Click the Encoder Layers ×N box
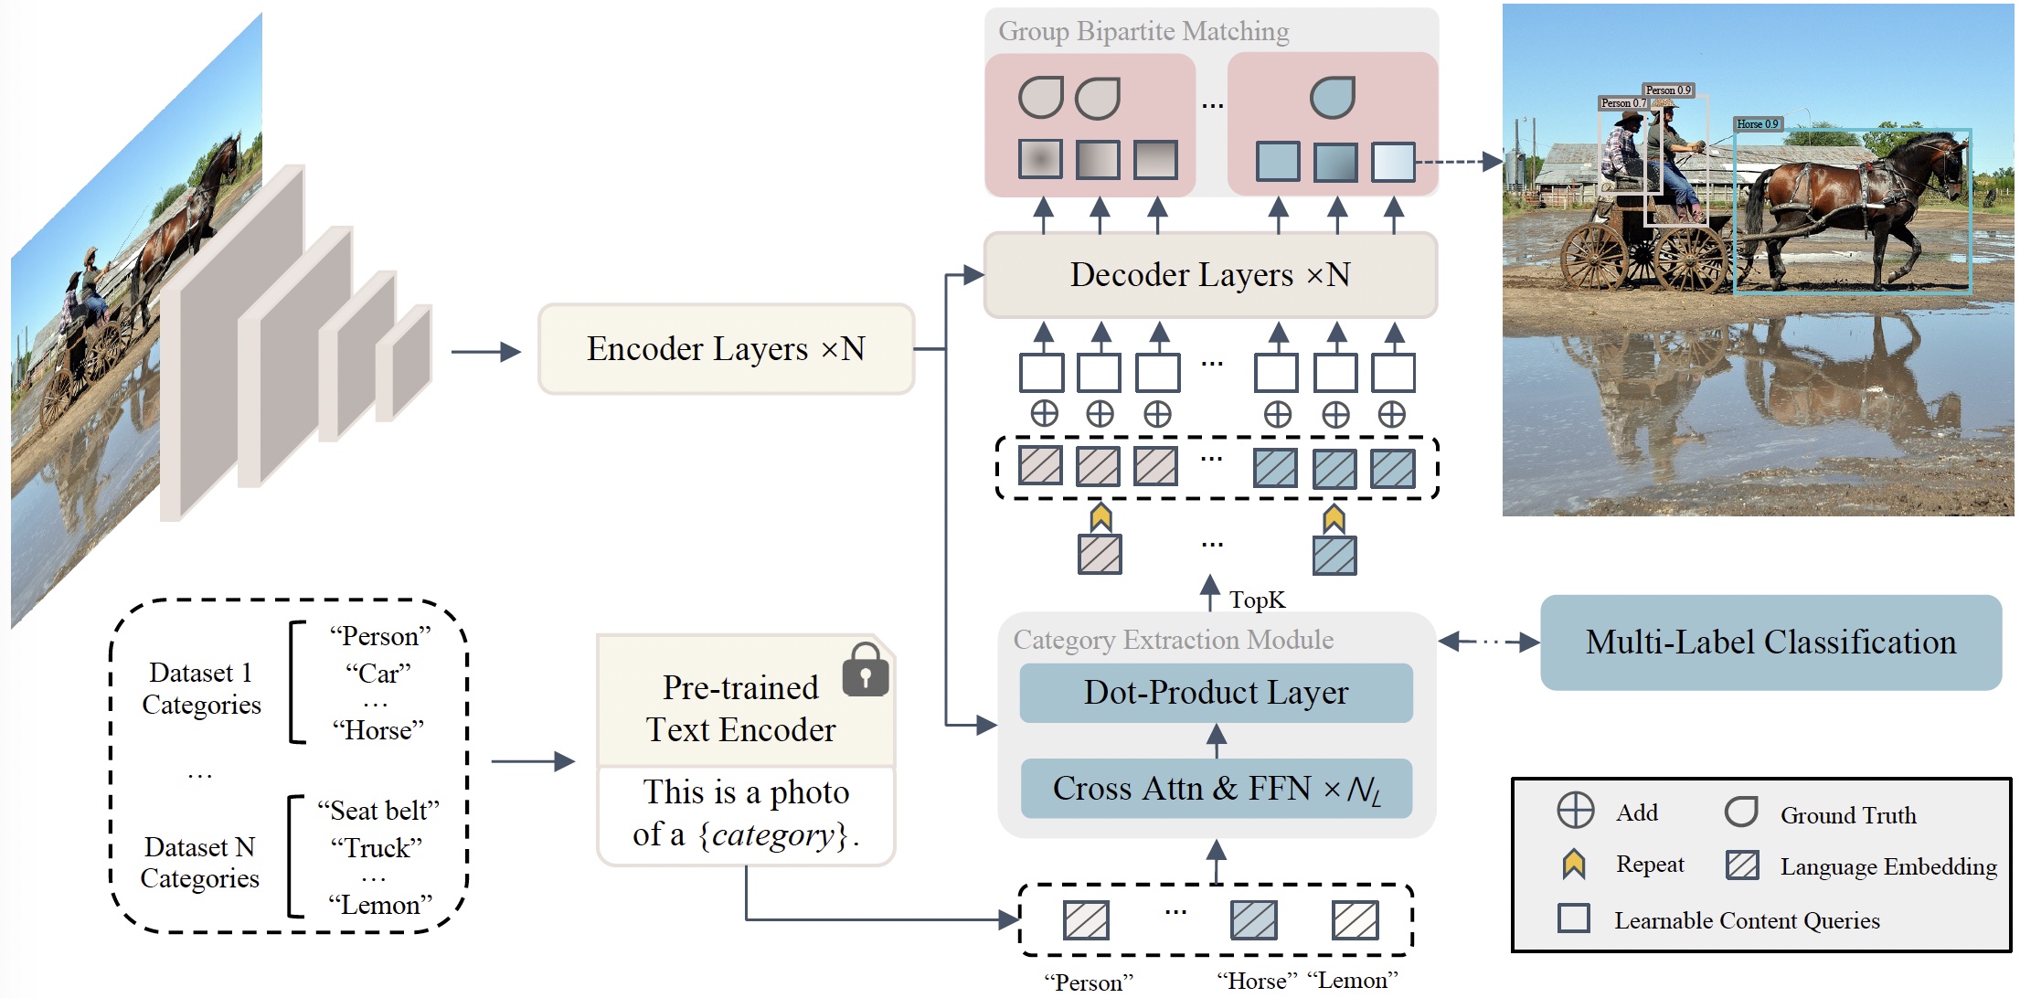[726, 349]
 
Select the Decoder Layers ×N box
[1210, 275]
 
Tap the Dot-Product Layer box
[1216, 693]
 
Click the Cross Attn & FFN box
[1216, 788]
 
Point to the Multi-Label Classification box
[1770, 642]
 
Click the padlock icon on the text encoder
[866, 670]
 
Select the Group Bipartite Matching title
[1143, 31]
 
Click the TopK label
[1257, 600]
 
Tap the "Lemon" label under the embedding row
[1353, 981]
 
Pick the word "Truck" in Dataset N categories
[377, 848]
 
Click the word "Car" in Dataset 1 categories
[378, 674]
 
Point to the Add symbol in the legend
[1575, 811]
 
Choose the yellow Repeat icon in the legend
[1573, 864]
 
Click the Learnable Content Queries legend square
[1573, 918]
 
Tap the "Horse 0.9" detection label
[1757, 124]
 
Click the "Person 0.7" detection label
[1622, 103]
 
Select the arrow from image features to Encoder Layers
[485, 352]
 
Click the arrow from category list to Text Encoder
[533, 761]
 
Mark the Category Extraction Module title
[1173, 640]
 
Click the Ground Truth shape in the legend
[1741, 812]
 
